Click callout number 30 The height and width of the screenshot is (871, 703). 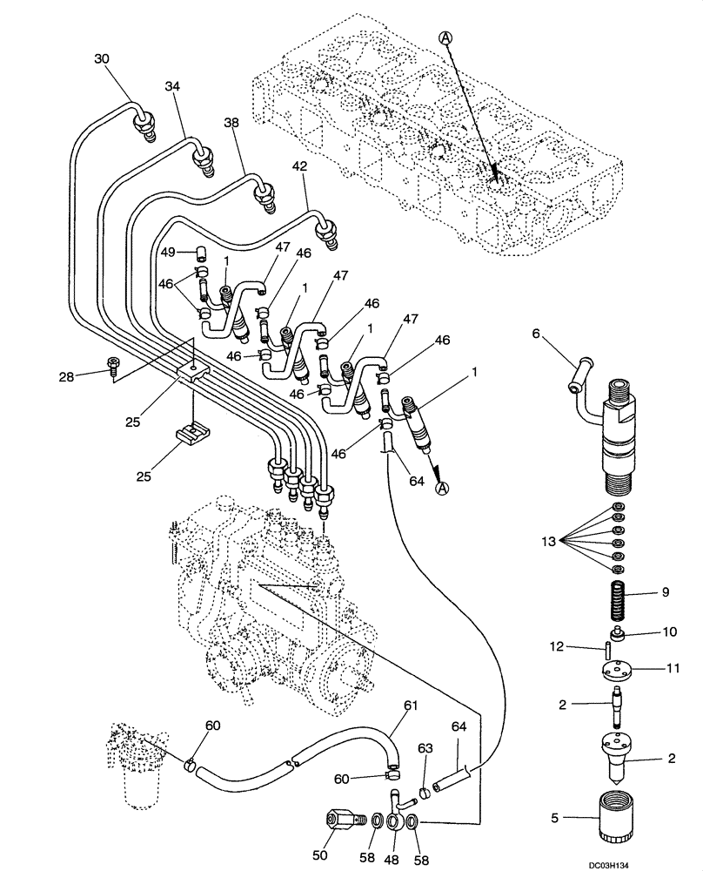[102, 59]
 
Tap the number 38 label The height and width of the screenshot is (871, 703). [231, 125]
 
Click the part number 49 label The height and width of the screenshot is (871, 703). [168, 252]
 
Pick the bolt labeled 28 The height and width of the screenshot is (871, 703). [114, 371]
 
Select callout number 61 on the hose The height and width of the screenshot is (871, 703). [410, 705]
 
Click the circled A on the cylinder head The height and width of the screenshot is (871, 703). [445, 37]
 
